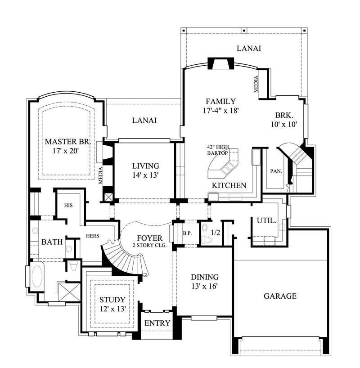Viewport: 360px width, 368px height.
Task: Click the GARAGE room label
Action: (280, 296)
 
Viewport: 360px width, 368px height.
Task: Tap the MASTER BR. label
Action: (68, 142)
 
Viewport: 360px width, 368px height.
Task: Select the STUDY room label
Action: (112, 300)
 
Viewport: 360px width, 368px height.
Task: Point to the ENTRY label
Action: (157, 323)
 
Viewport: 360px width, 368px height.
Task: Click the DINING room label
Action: (205, 277)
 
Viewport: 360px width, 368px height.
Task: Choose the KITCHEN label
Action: (229, 185)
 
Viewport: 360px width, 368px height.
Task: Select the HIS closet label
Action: (68, 205)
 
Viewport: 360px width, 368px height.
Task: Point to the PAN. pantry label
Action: (276, 171)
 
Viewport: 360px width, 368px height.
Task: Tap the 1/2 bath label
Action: (216, 233)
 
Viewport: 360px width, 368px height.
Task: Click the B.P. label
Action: (188, 233)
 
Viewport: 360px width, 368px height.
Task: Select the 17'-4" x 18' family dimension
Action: (220, 110)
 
